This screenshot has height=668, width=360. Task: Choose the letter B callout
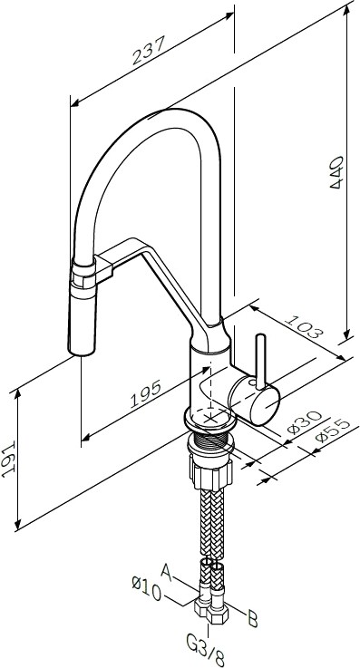[254, 619]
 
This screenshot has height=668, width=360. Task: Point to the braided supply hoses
[209, 526]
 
